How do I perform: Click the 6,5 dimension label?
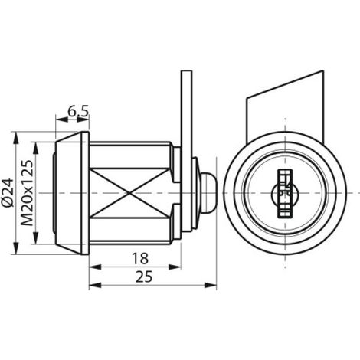point(78,111)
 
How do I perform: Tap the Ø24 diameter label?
point(8,192)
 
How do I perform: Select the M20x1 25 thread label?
point(27,193)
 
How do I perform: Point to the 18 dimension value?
point(140,258)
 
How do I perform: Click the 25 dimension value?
point(144,277)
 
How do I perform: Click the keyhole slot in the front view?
point(285,194)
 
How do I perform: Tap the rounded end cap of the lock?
point(208,193)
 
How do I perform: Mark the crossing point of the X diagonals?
point(129,193)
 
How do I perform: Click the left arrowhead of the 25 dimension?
point(95,285)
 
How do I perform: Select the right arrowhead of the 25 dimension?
point(211,285)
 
